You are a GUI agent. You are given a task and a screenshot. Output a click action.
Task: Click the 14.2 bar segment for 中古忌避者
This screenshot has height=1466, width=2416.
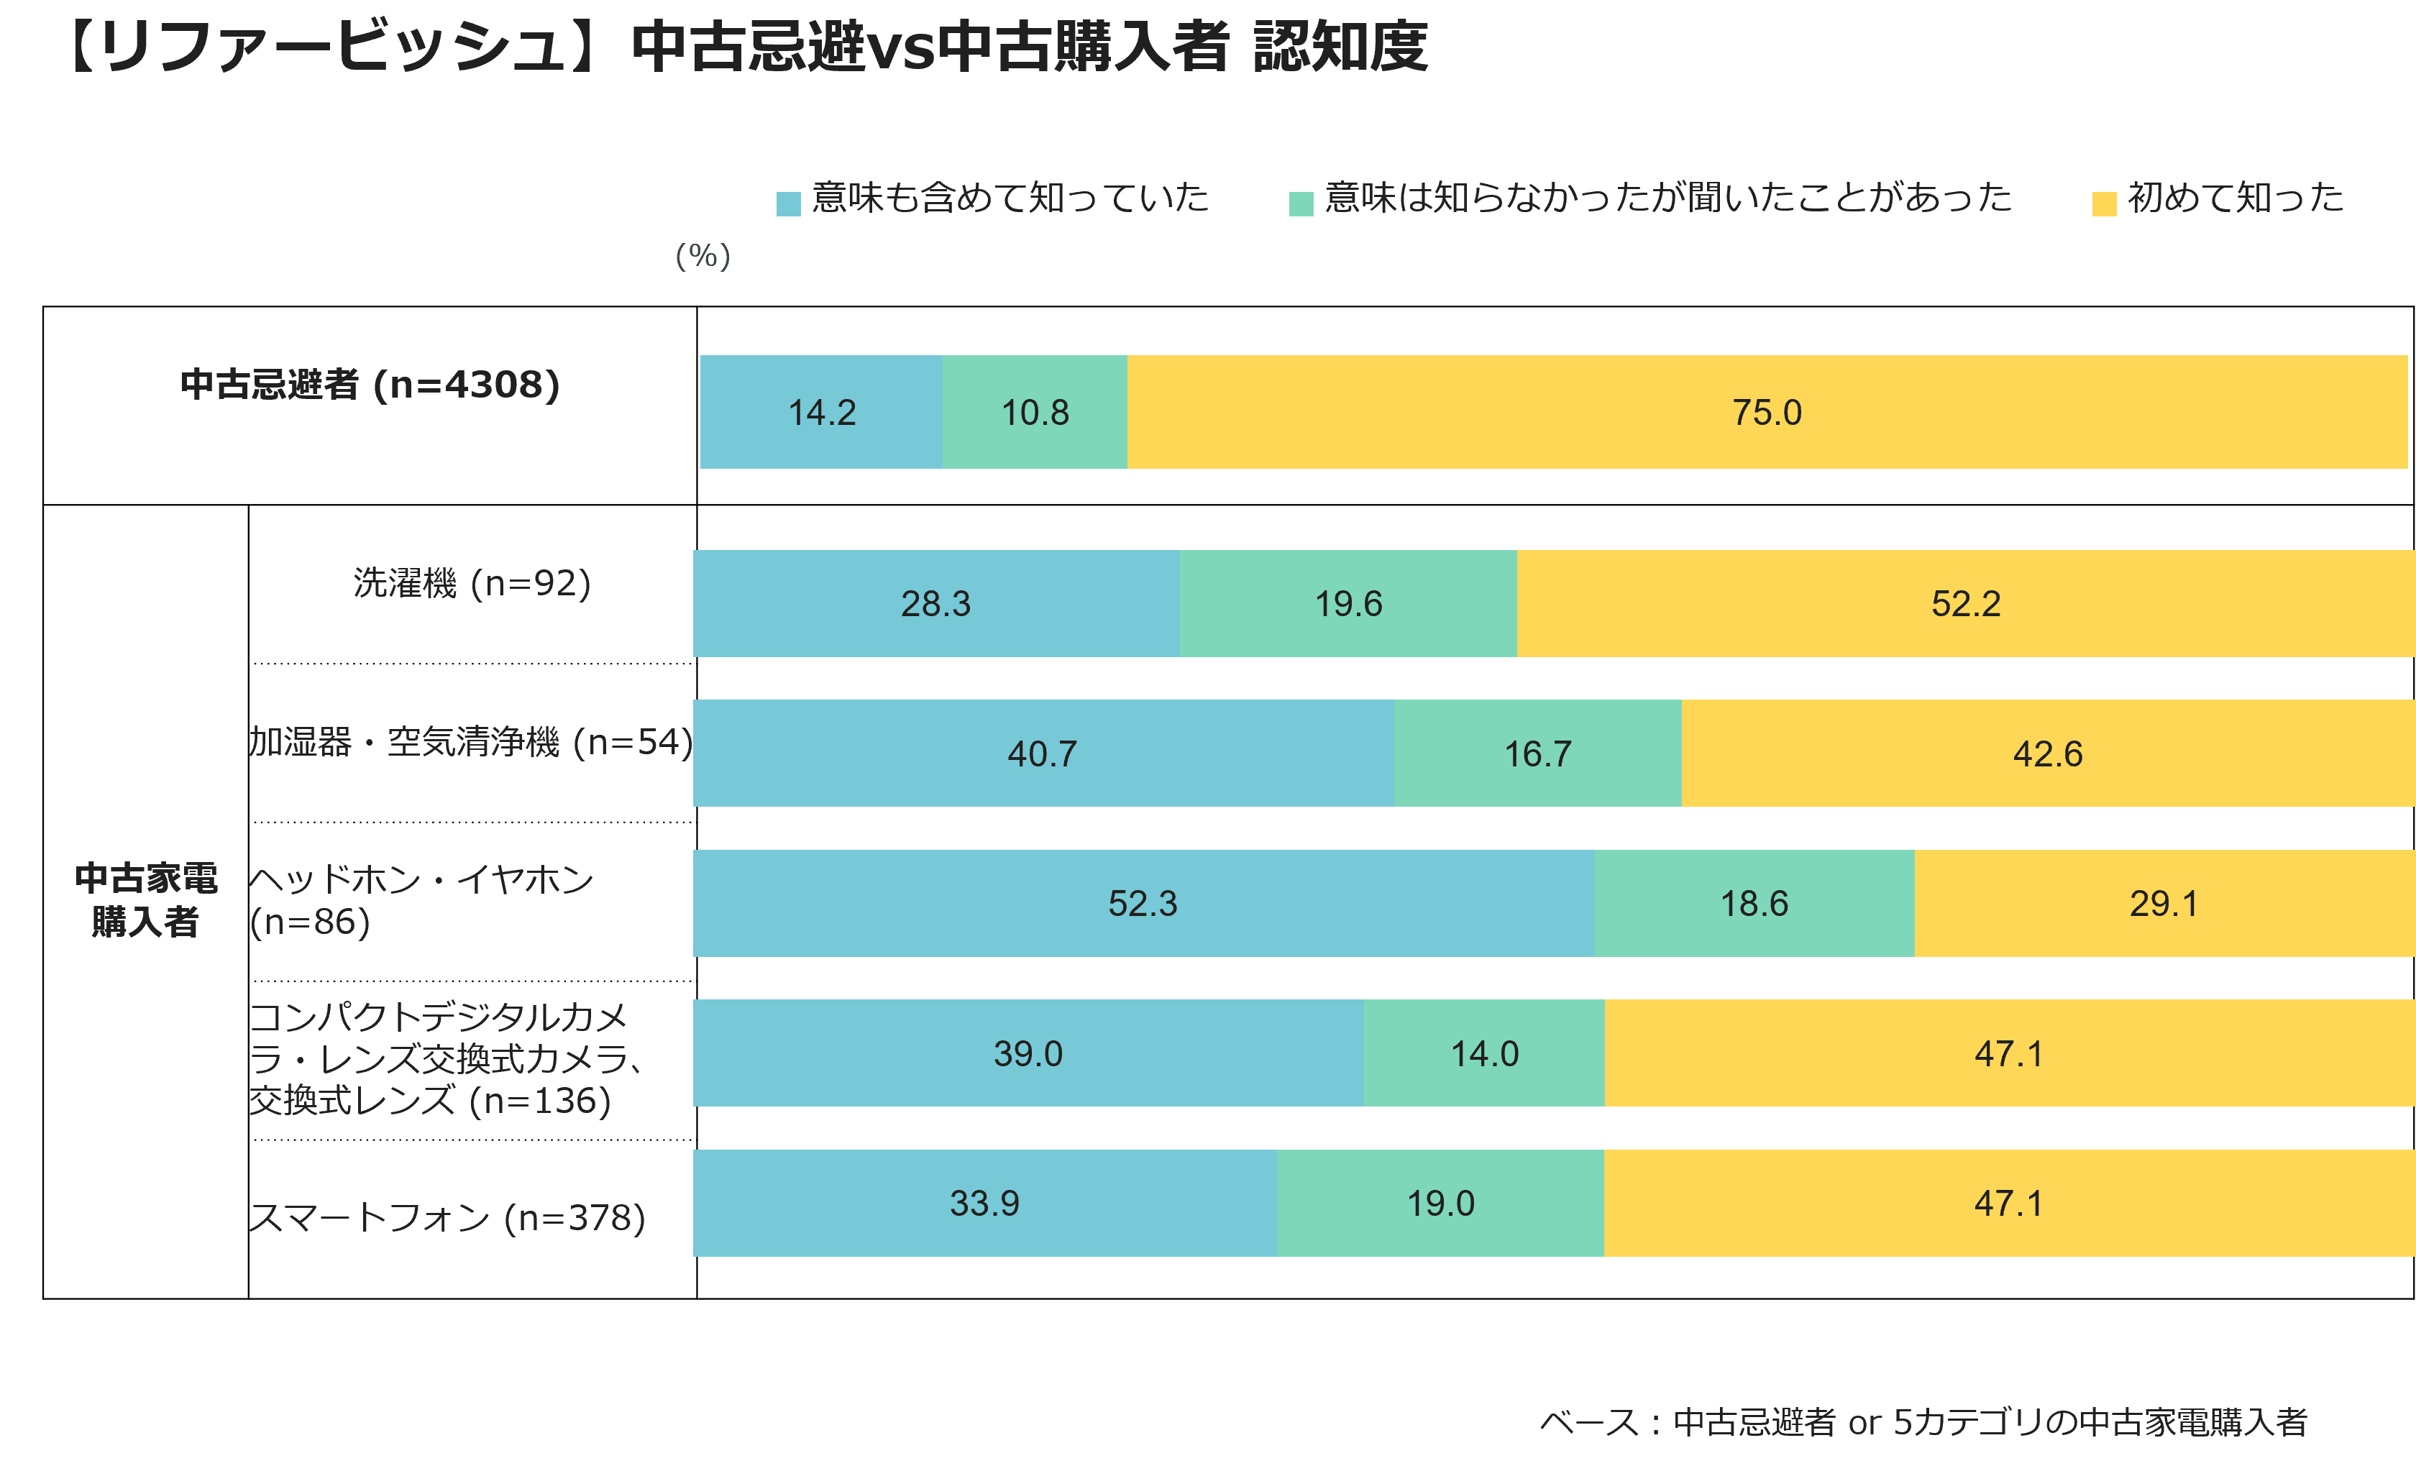822,412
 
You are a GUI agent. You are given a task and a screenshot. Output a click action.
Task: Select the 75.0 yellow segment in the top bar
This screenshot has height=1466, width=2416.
1767,412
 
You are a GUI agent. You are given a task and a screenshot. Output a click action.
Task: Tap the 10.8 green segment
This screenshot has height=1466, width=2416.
1035,412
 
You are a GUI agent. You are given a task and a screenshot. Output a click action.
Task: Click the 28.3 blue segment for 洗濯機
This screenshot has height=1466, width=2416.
936,603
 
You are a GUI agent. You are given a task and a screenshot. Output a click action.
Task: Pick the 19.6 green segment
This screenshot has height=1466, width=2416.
1348,603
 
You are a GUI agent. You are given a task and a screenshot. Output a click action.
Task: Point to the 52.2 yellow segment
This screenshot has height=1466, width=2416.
1966,603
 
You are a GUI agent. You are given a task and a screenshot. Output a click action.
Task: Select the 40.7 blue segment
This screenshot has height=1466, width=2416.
1043,753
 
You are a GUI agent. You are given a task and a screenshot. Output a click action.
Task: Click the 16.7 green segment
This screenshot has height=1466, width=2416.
1537,753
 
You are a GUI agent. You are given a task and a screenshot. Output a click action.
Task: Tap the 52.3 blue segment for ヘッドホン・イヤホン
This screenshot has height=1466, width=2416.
1143,903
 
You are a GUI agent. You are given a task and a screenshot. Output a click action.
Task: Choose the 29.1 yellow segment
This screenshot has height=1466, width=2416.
2165,903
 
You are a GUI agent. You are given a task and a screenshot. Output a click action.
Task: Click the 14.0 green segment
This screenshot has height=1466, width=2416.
1485,1053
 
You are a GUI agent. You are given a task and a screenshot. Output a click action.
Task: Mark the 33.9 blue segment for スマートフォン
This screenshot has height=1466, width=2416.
984,1203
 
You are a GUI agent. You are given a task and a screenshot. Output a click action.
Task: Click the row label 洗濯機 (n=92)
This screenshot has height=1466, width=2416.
472,584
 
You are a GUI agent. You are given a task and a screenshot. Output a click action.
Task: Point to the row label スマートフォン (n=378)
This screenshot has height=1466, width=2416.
447,1218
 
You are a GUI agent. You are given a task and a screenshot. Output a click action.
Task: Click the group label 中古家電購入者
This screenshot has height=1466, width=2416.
146,900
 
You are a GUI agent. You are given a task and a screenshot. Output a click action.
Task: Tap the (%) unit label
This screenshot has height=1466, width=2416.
703,256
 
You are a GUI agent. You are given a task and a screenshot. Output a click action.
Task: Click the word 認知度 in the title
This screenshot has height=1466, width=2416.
1340,46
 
